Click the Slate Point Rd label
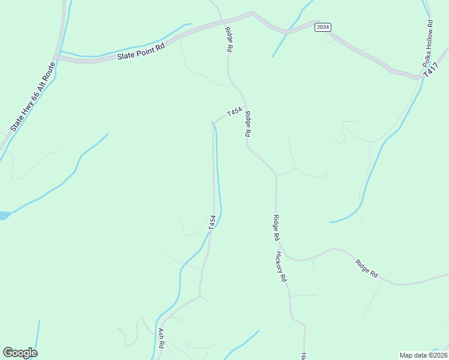[x=141, y=51]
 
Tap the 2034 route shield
[x=323, y=27]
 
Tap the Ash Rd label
[x=161, y=338]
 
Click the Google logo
[x=20, y=353]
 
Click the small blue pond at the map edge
[x=4, y=215]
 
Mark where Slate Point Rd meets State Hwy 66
[x=55, y=58]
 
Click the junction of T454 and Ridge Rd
[x=245, y=106]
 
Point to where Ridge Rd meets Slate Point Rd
[x=223, y=22]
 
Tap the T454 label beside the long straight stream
[x=212, y=223]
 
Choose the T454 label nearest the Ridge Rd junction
[x=234, y=112]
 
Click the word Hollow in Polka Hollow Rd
[x=428, y=43]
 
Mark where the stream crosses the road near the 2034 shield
[x=289, y=31]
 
